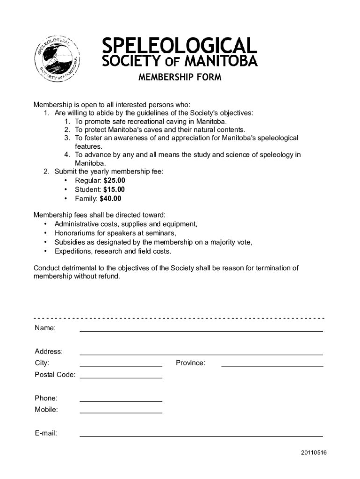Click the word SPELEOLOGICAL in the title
[180, 45]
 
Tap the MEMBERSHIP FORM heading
[180, 77]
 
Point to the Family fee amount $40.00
[110, 198]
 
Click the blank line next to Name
[201, 328]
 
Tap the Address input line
[201, 351]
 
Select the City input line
[121, 363]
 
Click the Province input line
[272, 363]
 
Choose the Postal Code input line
[121, 375]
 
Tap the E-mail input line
[201, 433]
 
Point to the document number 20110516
[314, 453]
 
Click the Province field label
[190, 363]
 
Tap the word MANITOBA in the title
[221, 61]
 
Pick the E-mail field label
[46, 433]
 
